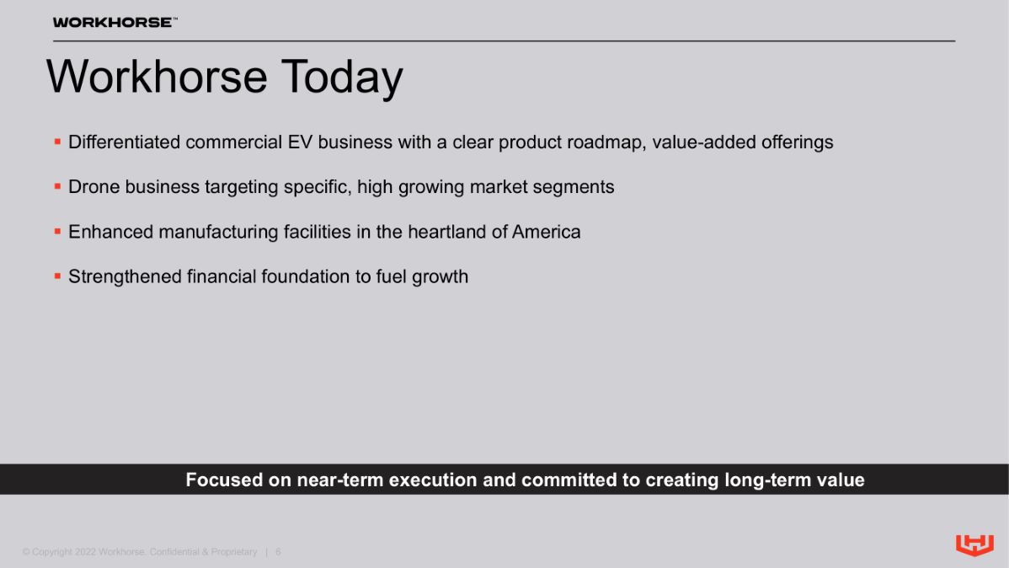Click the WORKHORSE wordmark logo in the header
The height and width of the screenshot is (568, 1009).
(x=115, y=23)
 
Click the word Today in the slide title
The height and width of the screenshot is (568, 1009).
(x=342, y=78)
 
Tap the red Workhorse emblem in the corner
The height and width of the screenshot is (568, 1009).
(x=974, y=544)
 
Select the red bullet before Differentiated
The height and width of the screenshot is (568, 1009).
(x=57, y=142)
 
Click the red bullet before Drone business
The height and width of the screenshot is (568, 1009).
(x=57, y=186)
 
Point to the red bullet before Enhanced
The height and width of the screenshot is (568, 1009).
(x=57, y=231)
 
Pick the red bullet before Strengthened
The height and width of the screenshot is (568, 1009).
(x=57, y=276)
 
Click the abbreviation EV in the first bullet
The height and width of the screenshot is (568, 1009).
(x=300, y=142)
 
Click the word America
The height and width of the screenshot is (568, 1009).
(x=547, y=232)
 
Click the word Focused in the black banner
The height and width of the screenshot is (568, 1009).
(x=224, y=480)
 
